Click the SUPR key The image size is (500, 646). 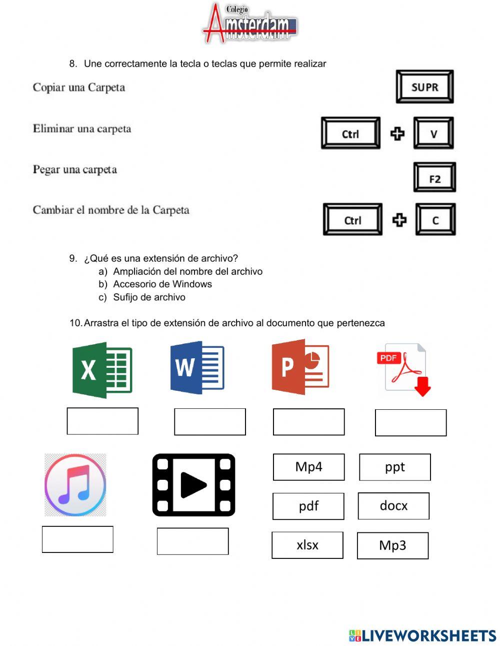click(x=424, y=87)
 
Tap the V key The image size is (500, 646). click(x=433, y=133)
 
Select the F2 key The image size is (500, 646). click(x=434, y=177)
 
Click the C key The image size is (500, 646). click(x=435, y=219)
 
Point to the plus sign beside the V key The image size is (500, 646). click(x=397, y=134)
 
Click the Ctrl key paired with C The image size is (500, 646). click(x=352, y=219)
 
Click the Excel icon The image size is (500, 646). click(x=102, y=370)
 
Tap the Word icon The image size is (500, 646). click(x=197, y=367)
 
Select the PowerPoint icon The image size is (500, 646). click(x=300, y=367)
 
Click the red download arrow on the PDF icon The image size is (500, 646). click(x=423, y=386)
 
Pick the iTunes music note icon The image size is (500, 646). click(x=75, y=484)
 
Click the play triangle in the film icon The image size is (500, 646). click(x=193, y=485)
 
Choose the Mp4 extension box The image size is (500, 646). click(x=309, y=467)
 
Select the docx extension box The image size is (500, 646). click(x=393, y=506)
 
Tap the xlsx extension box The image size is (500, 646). click(x=307, y=545)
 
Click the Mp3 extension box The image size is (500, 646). click(x=392, y=545)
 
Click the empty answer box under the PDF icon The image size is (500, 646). click(x=410, y=422)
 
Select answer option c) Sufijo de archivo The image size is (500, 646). click(x=142, y=297)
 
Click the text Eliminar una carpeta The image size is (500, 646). click(x=82, y=129)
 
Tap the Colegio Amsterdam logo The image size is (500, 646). click(x=250, y=23)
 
